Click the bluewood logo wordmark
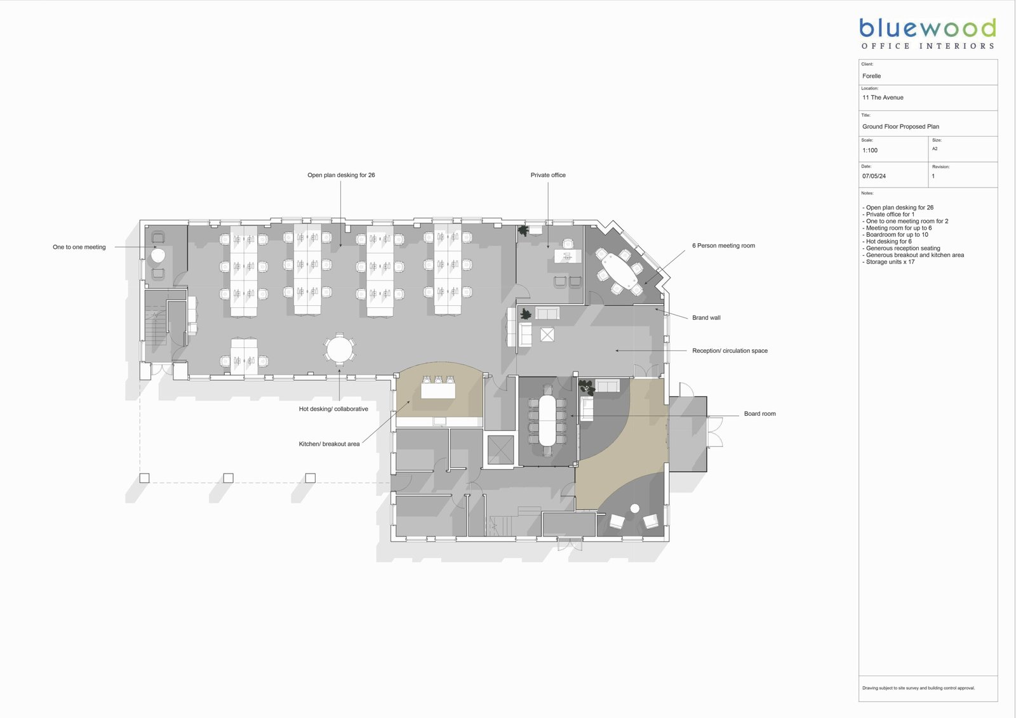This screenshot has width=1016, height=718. [x=928, y=28]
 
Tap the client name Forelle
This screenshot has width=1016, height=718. [x=871, y=76]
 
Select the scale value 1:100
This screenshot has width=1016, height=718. [x=869, y=150]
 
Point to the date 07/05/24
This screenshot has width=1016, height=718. [x=874, y=176]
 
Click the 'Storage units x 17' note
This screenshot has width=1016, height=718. [x=888, y=262]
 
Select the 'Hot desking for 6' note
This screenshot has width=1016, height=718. [x=886, y=242]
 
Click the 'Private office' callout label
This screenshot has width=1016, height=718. [x=548, y=175]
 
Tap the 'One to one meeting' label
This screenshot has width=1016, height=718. [x=79, y=247]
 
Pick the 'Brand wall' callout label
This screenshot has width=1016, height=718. [x=706, y=318]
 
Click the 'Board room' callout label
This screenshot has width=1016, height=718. [x=759, y=414]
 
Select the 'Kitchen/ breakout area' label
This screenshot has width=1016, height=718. [x=329, y=444]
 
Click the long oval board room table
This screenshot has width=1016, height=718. [x=547, y=420]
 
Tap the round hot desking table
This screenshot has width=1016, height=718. [x=339, y=349]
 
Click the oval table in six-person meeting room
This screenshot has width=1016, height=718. [x=619, y=271]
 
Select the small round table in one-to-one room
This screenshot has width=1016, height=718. [x=158, y=256]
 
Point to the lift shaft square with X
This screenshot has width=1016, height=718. [x=500, y=449]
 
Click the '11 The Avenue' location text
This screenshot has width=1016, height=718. [x=883, y=98]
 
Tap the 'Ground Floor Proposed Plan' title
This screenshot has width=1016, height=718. [x=900, y=126]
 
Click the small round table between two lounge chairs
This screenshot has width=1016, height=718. [x=635, y=509]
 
